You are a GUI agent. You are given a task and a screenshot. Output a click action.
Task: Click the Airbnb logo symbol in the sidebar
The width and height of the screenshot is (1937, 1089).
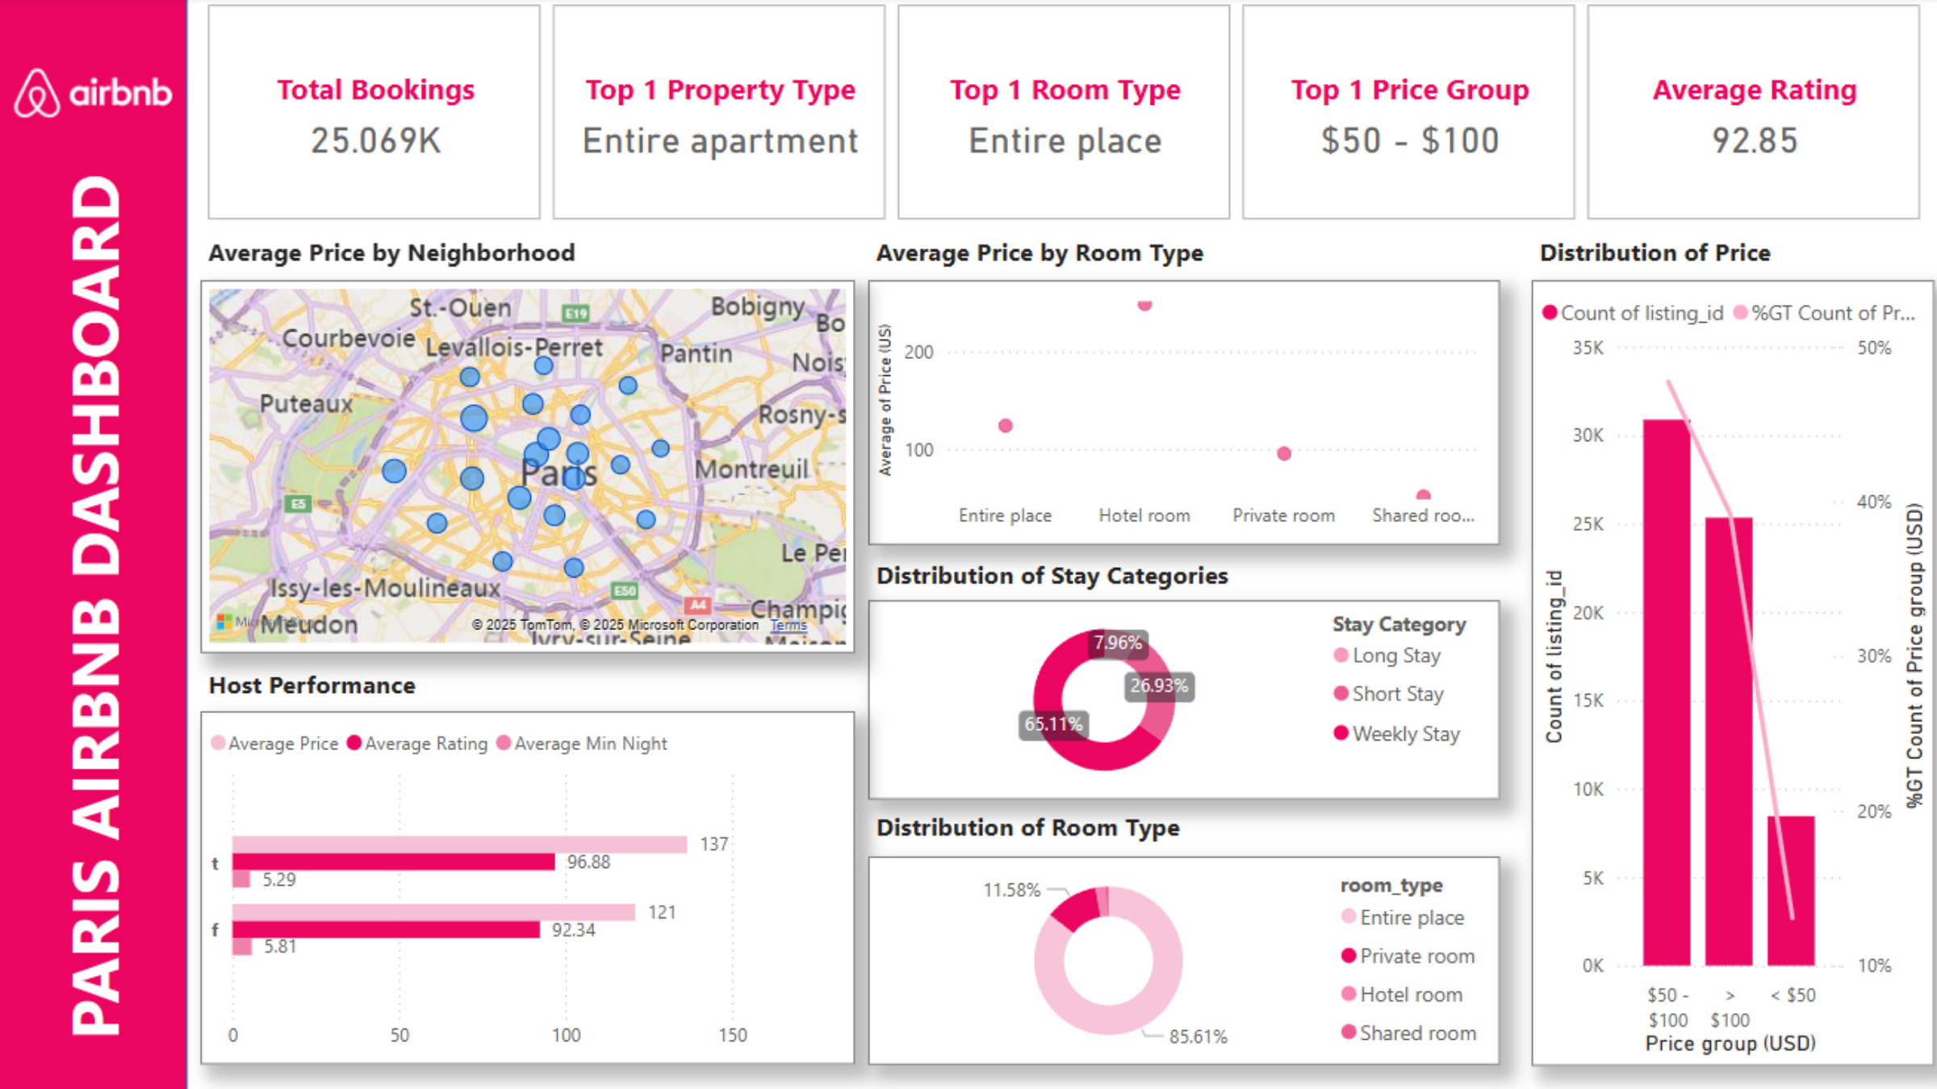coord(36,94)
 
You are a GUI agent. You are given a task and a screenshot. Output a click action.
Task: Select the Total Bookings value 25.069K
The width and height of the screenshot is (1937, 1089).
coord(376,141)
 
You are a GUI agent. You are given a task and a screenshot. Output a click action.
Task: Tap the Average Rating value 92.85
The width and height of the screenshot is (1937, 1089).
coord(1755,141)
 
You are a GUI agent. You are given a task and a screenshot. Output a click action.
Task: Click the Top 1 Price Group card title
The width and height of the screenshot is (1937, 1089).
coord(1409,90)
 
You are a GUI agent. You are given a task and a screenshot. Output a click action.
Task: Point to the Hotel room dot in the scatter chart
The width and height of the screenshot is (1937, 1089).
coord(1144,306)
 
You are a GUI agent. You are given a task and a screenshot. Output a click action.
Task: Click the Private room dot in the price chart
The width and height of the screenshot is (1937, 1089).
coord(1284,453)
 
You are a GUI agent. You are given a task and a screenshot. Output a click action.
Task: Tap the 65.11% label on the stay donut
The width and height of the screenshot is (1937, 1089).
coord(1053,724)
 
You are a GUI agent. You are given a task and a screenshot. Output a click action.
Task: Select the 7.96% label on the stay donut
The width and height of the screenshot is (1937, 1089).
coord(1118,643)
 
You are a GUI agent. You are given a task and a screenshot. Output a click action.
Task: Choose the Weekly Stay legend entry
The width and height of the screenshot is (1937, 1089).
coord(1405,734)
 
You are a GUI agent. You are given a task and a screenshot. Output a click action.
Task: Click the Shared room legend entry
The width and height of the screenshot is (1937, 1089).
coord(1416,1033)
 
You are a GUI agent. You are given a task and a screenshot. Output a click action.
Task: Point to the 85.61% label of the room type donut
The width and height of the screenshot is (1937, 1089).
coord(1198,1037)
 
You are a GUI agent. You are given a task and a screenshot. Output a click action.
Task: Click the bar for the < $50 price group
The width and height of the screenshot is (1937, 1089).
coord(1791,891)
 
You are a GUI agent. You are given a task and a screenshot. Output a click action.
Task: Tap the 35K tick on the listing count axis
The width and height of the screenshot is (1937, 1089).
coord(1588,348)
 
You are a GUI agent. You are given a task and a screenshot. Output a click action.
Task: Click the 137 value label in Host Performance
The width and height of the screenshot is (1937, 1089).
coord(713,844)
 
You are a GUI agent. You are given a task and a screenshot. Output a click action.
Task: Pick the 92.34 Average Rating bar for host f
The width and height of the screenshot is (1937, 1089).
coord(386,929)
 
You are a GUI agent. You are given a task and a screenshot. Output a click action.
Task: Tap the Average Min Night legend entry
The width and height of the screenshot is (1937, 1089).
coord(590,744)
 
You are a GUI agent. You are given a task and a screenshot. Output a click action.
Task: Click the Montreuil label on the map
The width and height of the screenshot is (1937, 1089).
coord(751,469)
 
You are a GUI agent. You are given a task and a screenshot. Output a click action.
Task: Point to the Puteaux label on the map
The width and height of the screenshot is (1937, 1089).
coord(306,403)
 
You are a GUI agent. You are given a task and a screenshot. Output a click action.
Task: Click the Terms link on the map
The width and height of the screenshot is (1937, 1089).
coord(789,624)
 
